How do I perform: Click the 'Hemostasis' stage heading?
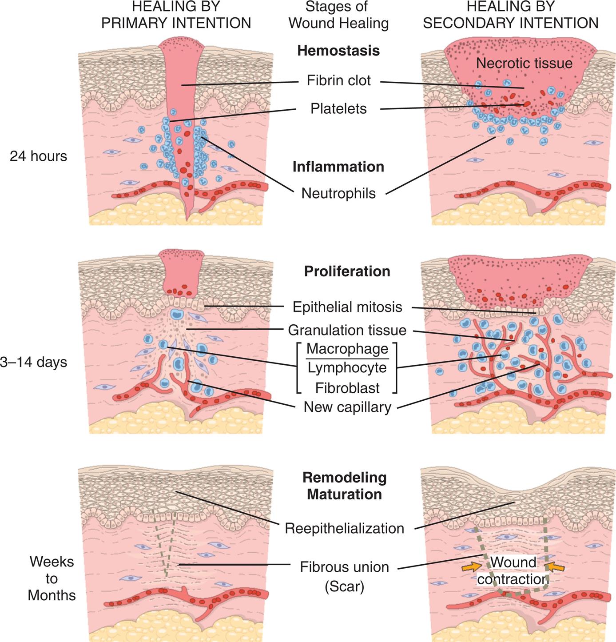tap(338, 51)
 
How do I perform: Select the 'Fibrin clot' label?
tap(338, 81)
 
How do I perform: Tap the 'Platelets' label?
tap(338, 108)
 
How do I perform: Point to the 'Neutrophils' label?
tap(338, 193)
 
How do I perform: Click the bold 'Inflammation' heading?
tap(338, 167)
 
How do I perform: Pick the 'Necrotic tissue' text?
tap(524, 64)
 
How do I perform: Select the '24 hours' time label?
tap(38, 156)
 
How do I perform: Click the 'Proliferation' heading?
tap(347, 271)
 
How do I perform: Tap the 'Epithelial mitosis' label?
tap(347, 307)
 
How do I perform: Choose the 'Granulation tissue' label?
tap(347, 330)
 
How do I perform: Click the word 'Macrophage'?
tap(347, 349)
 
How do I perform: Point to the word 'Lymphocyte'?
tap(347, 368)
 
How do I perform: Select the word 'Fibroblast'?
tap(347, 388)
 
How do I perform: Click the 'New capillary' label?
tap(347, 407)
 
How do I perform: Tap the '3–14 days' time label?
tap(34, 362)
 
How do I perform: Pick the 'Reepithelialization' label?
tap(345, 528)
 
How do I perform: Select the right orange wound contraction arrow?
tap(555, 566)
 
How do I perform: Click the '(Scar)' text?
tap(345, 587)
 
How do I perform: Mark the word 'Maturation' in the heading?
tap(345, 494)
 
